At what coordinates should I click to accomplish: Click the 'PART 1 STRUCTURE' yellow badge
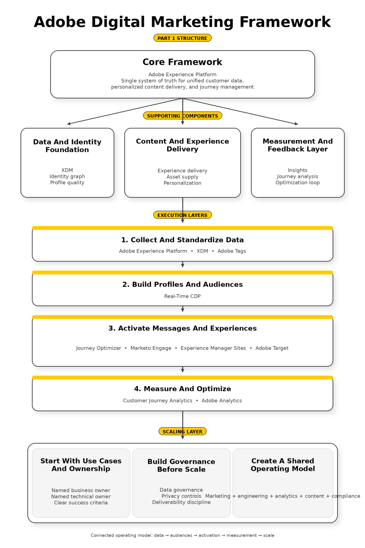click(x=182, y=38)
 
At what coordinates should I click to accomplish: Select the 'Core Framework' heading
click(x=182, y=62)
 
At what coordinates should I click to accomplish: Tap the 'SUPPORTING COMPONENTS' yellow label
click(x=182, y=116)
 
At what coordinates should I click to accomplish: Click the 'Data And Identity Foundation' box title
click(x=67, y=146)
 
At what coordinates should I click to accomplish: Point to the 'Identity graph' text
click(x=67, y=176)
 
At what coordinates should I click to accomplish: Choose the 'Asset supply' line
click(x=182, y=177)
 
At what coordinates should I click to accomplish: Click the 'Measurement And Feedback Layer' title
click(x=298, y=145)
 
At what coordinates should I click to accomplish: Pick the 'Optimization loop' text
click(x=298, y=182)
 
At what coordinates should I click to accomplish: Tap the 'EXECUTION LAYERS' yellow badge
click(x=182, y=215)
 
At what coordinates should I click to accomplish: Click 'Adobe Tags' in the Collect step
click(x=232, y=251)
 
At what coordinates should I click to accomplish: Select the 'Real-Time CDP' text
click(x=182, y=296)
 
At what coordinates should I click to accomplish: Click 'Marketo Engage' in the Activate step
click(x=151, y=348)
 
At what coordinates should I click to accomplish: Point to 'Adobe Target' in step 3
click(x=272, y=348)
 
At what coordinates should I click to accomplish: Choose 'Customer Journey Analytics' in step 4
click(x=158, y=401)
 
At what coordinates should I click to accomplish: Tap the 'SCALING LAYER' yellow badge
click(x=182, y=432)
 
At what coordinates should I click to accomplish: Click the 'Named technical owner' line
click(x=81, y=497)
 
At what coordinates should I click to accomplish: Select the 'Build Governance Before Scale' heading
click(x=181, y=466)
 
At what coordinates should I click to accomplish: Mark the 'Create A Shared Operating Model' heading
click(x=283, y=465)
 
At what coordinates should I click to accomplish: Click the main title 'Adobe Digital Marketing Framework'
click(x=182, y=22)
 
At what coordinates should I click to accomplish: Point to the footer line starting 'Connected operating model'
click(x=182, y=535)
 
